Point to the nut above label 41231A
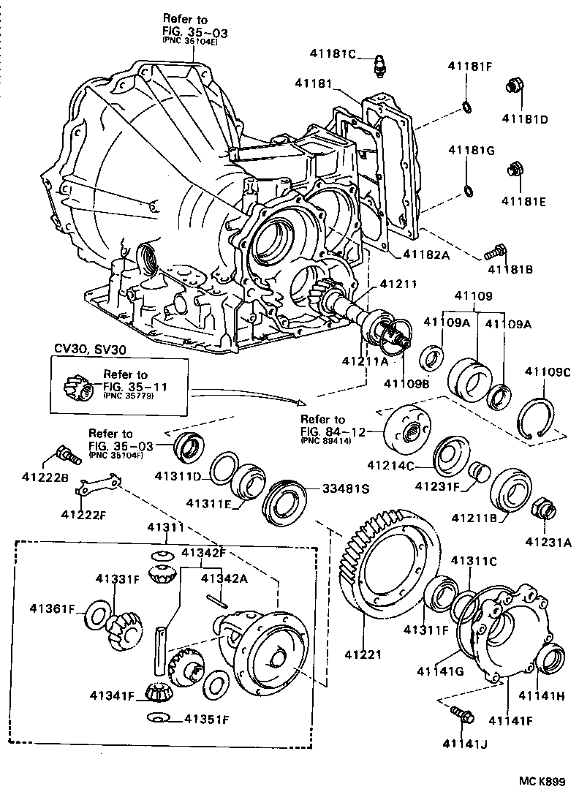coord(544,509)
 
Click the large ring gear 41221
coord(391,567)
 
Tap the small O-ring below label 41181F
coord(466,109)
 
